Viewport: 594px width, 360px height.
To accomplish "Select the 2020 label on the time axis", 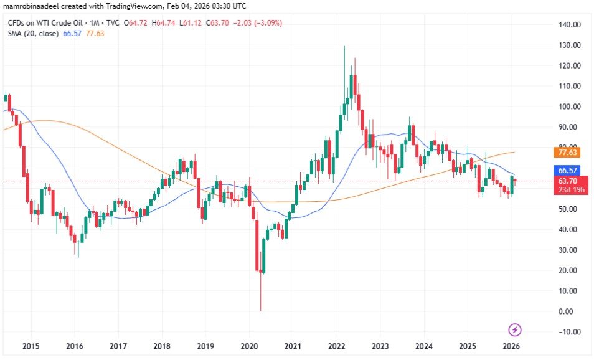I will click(x=249, y=346).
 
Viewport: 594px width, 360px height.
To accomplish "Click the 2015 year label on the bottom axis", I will click(x=31, y=346).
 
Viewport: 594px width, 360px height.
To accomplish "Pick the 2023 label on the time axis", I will click(x=380, y=346).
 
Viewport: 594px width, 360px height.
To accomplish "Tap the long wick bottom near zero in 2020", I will click(x=261, y=310).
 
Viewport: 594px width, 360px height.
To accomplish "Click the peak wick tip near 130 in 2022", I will click(x=344, y=47).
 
